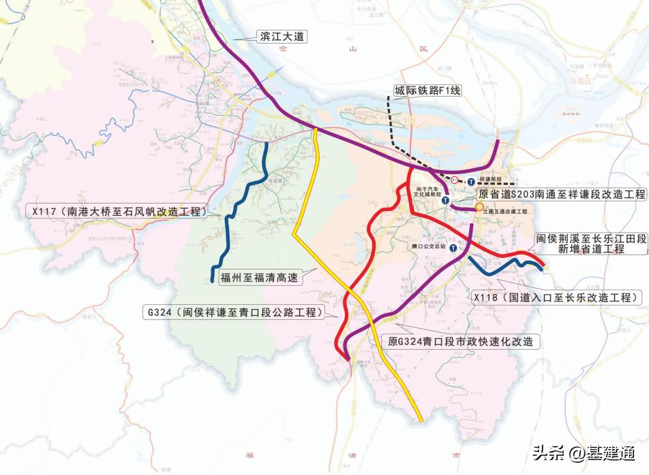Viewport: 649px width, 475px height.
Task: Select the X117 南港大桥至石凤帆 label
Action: pos(116,212)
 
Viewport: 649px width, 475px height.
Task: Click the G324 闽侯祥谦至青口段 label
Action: pos(232,312)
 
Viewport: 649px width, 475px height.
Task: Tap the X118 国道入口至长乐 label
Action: pos(557,298)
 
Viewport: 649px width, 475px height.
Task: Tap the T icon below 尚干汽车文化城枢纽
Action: pos(444,201)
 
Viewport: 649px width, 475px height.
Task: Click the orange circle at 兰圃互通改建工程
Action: pos(479,206)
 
